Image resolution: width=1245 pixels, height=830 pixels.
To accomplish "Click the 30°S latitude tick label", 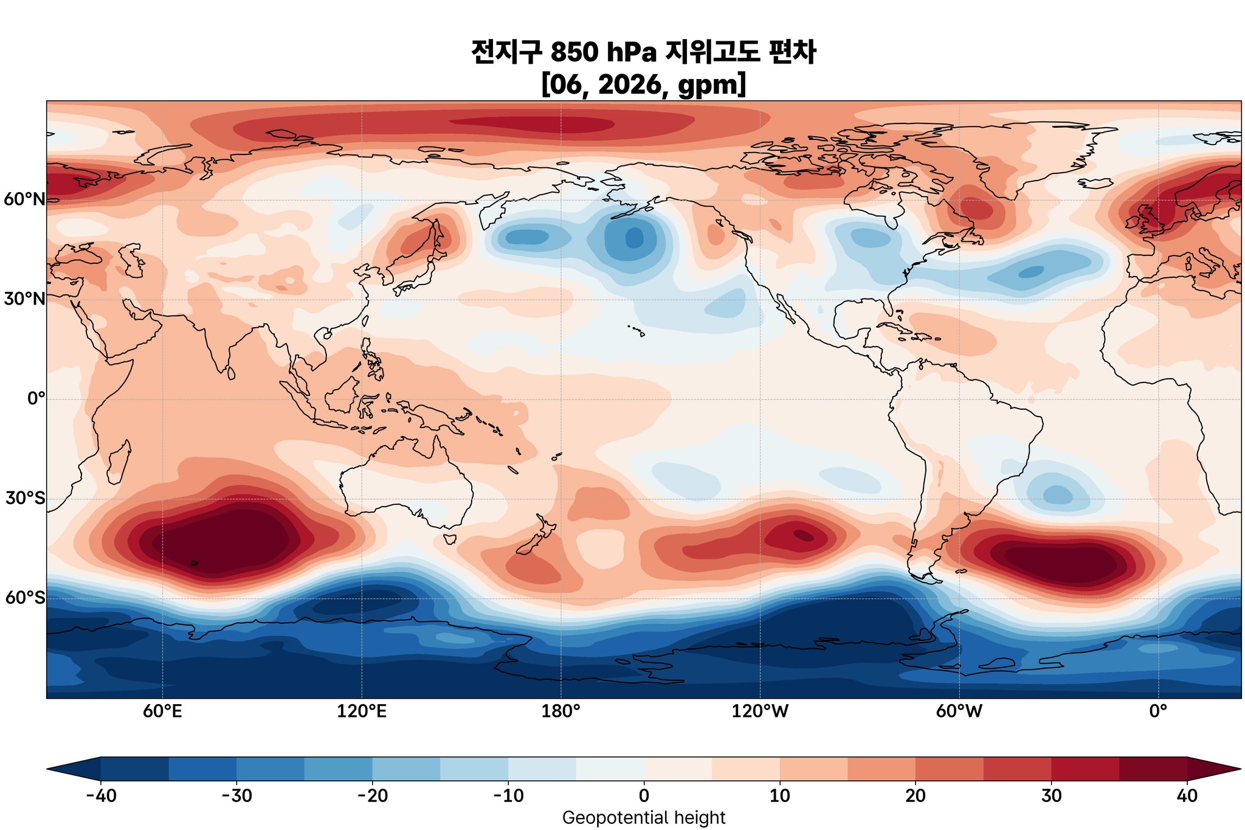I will click(24, 499).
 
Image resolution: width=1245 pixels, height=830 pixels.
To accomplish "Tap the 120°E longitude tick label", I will click(362, 711).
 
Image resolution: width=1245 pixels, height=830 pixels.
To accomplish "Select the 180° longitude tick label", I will click(560, 711).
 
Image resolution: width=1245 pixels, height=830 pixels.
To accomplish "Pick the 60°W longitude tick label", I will click(959, 711).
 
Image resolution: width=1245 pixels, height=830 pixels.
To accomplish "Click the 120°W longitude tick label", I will click(760, 711).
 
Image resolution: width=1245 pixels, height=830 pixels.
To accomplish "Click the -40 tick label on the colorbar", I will click(100, 796).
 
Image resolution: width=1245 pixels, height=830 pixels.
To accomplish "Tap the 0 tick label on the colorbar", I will click(644, 796).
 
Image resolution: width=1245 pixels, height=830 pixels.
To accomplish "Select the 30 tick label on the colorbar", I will click(1051, 796).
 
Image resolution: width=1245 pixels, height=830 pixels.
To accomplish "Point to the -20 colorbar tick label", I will click(372, 796).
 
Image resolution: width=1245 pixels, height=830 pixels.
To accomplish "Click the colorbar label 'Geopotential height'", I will click(644, 818).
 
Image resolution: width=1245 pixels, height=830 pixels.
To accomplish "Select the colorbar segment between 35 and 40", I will click(1153, 769).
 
